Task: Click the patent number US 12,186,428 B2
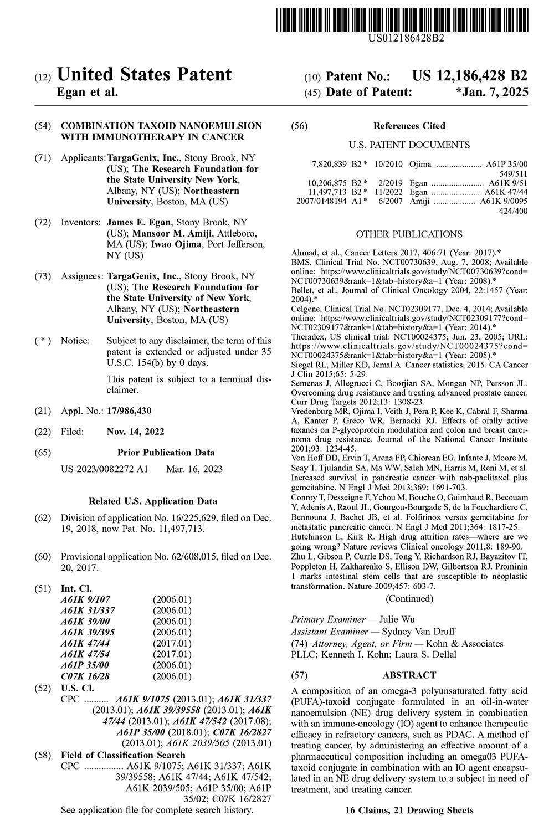pos(470,76)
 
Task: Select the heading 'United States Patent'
pos(145,74)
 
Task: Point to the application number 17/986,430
pos(129,411)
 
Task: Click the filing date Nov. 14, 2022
pos(135,432)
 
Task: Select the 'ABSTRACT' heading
pos(409,675)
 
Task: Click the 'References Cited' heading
pos(409,126)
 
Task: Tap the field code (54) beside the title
pos(43,126)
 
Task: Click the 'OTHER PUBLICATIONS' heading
pos(409,234)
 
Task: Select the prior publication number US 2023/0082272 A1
pos(104,469)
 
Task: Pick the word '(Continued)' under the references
pos(409,598)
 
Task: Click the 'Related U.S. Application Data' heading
pos(153,501)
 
